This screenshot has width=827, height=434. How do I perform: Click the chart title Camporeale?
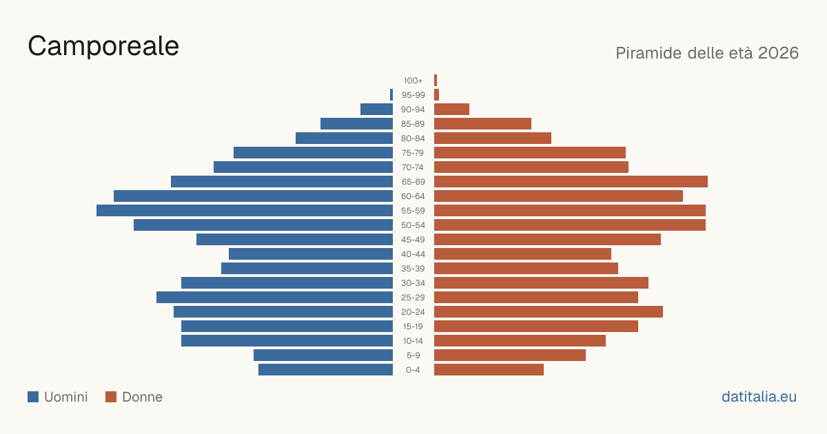tap(103, 46)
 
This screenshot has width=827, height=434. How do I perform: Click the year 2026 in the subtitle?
tap(778, 53)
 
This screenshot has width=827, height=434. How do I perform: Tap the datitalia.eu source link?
tap(759, 397)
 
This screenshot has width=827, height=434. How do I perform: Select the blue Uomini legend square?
tap(33, 397)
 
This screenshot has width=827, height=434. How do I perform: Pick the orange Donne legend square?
tap(111, 397)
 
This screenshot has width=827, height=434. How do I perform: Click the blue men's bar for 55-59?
tap(245, 210)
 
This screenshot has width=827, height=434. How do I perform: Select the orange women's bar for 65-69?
tap(571, 182)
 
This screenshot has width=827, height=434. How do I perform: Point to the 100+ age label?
tap(413, 81)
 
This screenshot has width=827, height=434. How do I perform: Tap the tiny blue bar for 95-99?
tap(391, 95)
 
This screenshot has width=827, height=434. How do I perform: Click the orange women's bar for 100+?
tap(436, 81)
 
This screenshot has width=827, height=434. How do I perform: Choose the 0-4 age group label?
tap(413, 370)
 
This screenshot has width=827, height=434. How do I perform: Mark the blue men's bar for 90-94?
tap(376, 110)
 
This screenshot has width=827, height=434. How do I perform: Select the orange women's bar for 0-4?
tap(489, 370)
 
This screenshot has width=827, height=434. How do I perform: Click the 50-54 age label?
tap(413, 225)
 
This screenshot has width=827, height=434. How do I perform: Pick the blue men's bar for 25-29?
tap(274, 298)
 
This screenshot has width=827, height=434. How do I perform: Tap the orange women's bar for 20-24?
tap(549, 312)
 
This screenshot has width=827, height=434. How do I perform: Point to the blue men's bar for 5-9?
tap(323, 355)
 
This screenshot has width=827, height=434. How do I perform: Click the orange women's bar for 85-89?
tap(482, 123)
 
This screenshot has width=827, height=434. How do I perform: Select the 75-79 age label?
tap(413, 153)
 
